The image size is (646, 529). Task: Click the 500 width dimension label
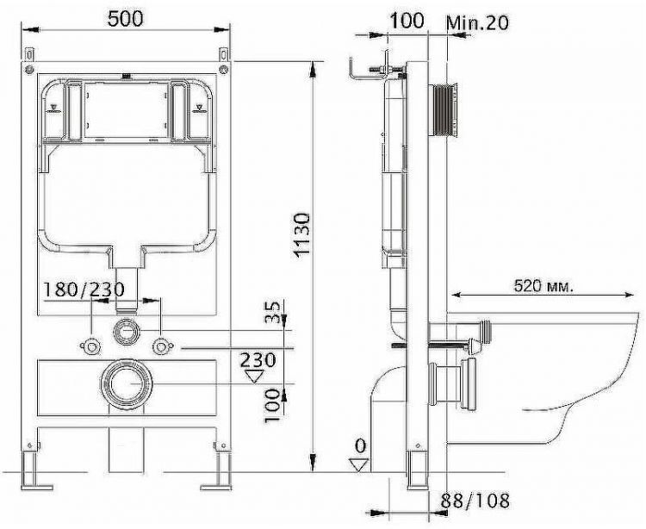click(x=126, y=18)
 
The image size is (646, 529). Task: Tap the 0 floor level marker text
click(x=359, y=445)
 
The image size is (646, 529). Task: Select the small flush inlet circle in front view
click(x=126, y=330)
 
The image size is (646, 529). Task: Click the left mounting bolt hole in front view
click(x=90, y=347)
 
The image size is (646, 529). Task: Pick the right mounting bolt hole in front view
click(x=160, y=347)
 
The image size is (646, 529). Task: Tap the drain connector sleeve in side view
click(x=452, y=383)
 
